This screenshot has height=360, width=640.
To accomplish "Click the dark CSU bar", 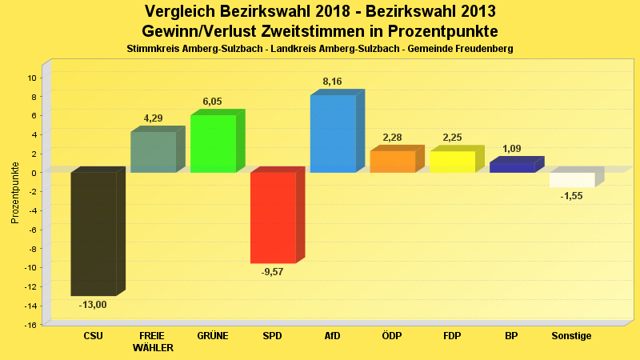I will coord(94,234).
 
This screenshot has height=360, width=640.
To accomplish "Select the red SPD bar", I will coord(273,218).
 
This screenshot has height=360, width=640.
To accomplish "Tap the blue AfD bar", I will coord(333,134).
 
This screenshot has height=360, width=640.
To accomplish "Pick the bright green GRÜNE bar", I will coord(213,144).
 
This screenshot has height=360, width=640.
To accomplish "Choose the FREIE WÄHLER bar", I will coord(153,152).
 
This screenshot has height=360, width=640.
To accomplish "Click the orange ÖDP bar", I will coord(393,162).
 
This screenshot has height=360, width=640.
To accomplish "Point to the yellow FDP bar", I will coord(453,162).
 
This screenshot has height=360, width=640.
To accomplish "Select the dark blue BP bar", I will coord(513,167).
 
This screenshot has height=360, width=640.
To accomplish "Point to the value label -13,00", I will coord(93,305).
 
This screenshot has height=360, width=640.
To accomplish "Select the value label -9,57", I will coord(273,272).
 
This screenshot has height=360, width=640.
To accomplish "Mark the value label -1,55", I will coord(572,196).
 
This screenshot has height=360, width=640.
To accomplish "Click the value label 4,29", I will coord(153,118).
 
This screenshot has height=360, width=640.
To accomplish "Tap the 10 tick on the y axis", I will coord(32,78).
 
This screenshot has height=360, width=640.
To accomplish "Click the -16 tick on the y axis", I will coord(30,325).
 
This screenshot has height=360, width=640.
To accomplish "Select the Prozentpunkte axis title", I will coord(15,192).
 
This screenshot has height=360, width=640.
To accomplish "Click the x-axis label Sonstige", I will coord(572,336).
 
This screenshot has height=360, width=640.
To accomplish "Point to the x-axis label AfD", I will coord(332,336).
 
